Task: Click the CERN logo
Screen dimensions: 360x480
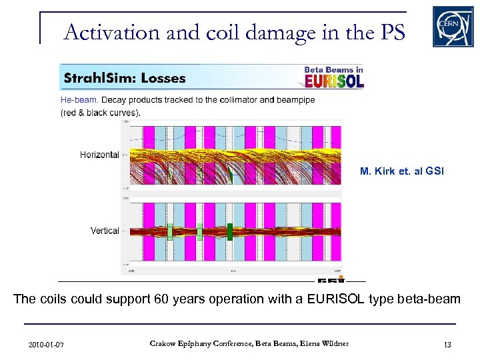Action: (x=453, y=27)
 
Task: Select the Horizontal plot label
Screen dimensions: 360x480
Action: (x=99, y=155)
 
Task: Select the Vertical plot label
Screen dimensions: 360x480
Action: (x=105, y=231)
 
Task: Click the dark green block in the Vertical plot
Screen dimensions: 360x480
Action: (x=229, y=231)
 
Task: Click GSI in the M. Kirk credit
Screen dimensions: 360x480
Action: (x=434, y=172)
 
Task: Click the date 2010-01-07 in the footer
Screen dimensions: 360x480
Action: (x=46, y=345)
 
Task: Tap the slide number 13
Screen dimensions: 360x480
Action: (x=447, y=345)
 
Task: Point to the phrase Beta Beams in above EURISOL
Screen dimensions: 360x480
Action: (x=333, y=69)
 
